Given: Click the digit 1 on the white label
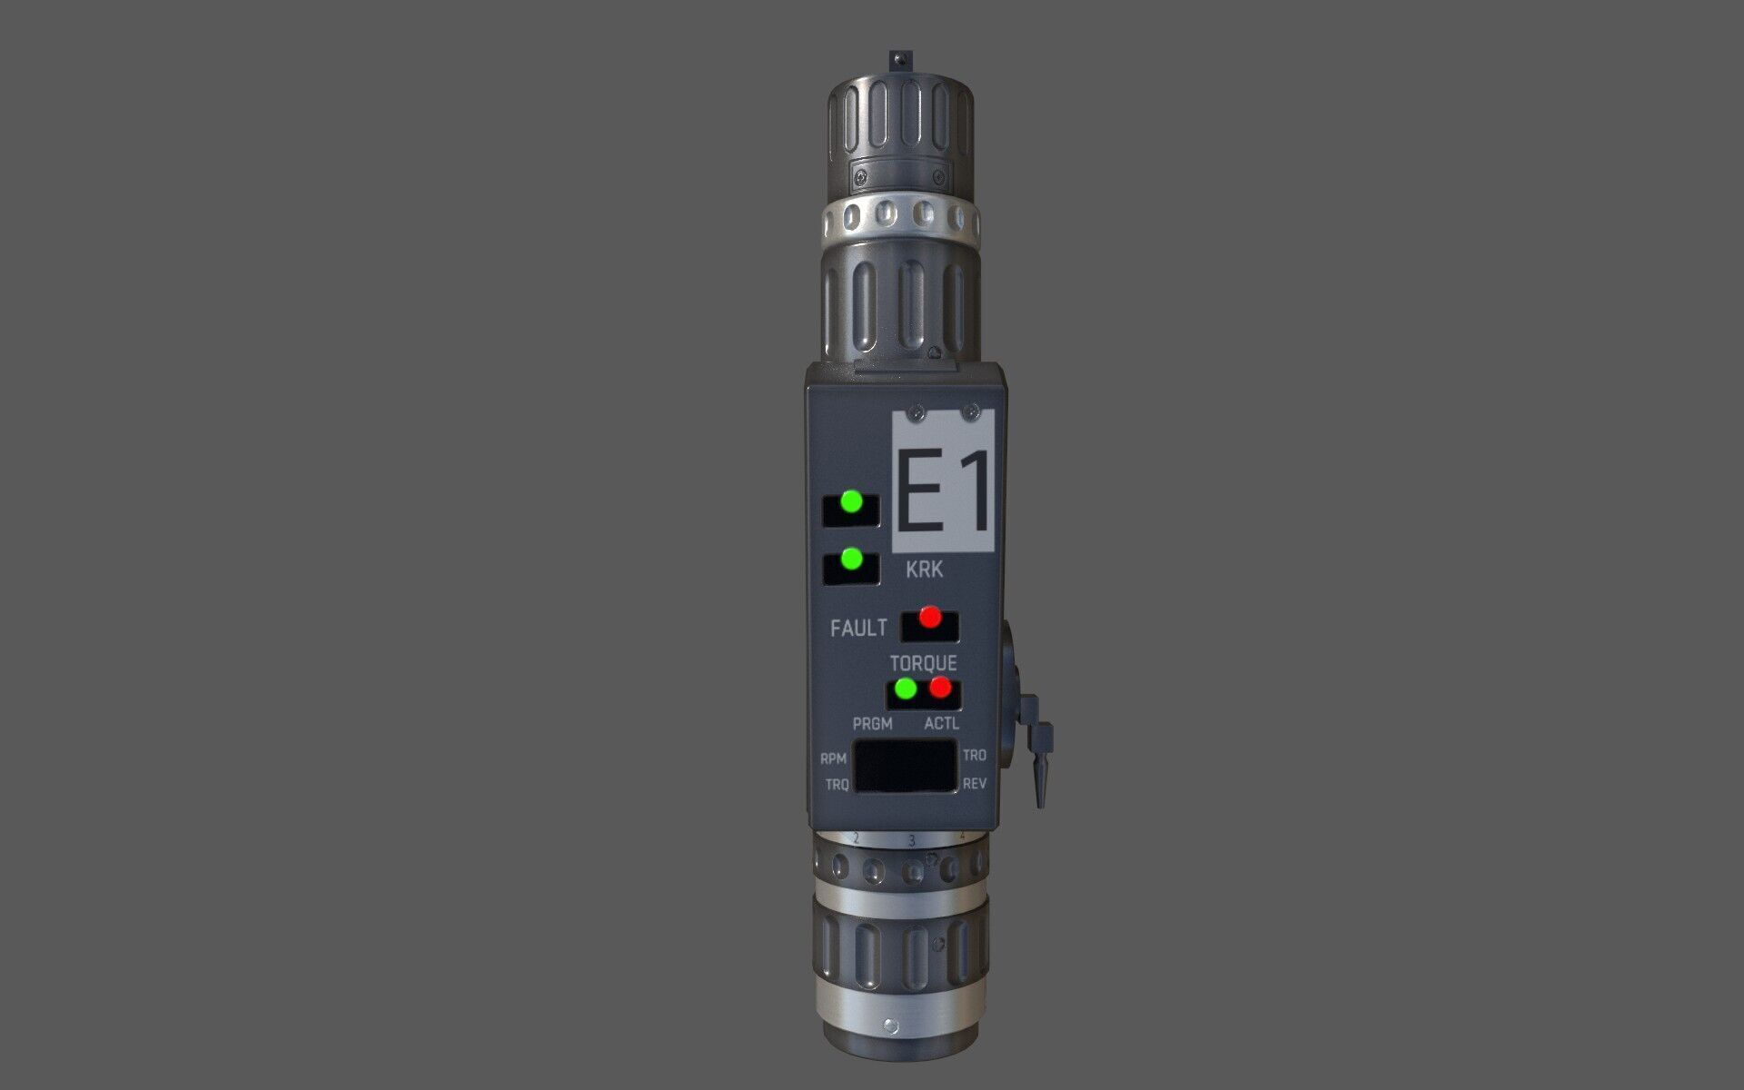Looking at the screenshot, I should pyautogui.click(x=974, y=493).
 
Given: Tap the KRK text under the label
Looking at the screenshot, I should pyautogui.click(x=924, y=570).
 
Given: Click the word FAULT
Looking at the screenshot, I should pyautogui.click(x=858, y=628).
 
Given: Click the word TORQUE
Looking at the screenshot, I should pyautogui.click(x=923, y=663).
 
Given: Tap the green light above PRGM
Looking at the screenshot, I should pyautogui.click(x=905, y=689).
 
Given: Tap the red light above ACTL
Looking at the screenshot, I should pyautogui.click(x=940, y=689).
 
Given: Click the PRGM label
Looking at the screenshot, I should pyautogui.click(x=872, y=724).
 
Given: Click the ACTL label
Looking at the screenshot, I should pyautogui.click(x=941, y=724).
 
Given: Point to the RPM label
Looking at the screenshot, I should pyautogui.click(x=833, y=758).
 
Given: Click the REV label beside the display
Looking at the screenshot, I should pyautogui.click(x=974, y=784).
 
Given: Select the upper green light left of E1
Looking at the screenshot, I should pyautogui.click(x=852, y=501).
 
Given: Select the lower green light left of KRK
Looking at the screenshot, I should pyautogui.click(x=852, y=559).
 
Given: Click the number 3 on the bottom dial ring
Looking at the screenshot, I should pyautogui.click(x=911, y=841).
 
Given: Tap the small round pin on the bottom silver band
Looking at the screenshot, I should pyautogui.click(x=891, y=1026).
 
